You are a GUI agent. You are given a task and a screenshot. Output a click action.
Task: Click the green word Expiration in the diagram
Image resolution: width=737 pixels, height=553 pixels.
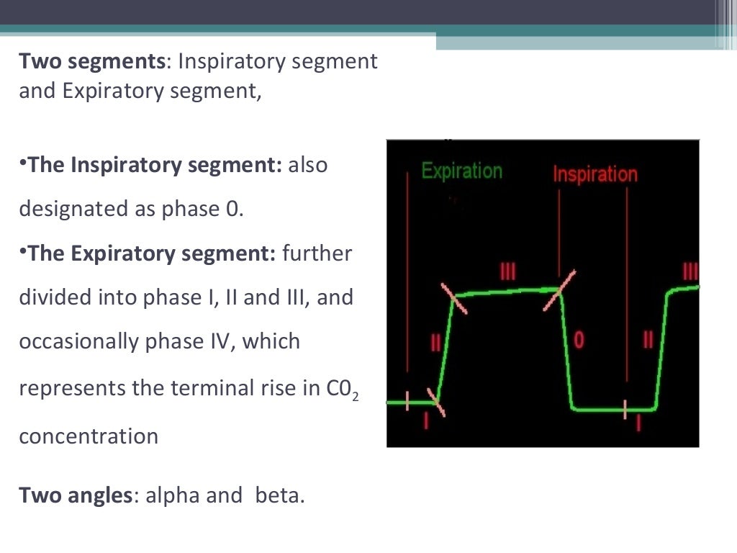(461, 171)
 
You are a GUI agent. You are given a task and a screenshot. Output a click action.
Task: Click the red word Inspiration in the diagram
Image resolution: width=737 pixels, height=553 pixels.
(594, 174)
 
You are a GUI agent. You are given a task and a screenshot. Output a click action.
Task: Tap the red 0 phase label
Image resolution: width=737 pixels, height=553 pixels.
(579, 340)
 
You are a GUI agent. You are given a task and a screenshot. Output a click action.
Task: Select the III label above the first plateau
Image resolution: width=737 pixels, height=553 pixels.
(508, 271)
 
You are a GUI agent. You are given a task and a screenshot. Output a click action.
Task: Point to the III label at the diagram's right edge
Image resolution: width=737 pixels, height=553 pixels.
(690, 271)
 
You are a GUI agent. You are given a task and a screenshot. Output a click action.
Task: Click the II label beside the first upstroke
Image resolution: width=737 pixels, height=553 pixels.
(435, 341)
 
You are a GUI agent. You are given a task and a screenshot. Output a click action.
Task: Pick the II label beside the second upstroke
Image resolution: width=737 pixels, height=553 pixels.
(648, 340)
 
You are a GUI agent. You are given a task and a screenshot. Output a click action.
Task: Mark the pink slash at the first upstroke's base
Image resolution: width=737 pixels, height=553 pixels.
(435, 402)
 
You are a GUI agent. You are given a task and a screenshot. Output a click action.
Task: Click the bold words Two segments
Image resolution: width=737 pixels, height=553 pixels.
(92, 61)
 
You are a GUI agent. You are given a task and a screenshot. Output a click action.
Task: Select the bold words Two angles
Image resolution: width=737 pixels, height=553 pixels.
(76, 495)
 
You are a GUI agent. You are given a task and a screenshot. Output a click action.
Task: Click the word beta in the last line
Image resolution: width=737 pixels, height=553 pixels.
(277, 495)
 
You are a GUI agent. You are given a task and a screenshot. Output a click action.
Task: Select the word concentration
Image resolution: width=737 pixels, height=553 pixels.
(89, 436)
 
